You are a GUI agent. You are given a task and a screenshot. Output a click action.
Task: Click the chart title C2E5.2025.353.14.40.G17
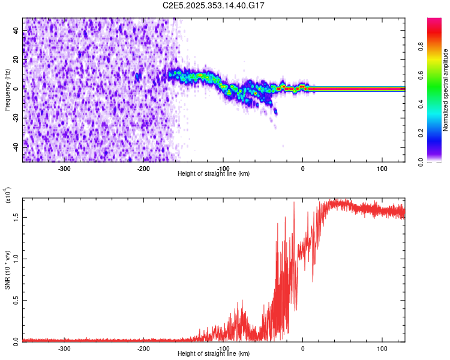(214, 5)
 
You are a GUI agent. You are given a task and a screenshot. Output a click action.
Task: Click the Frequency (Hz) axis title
(7, 90)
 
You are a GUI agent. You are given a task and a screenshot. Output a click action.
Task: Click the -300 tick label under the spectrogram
(64, 169)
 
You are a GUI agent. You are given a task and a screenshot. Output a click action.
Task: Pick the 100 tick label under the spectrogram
(382, 169)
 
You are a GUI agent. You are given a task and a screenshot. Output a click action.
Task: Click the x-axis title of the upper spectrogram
(214, 174)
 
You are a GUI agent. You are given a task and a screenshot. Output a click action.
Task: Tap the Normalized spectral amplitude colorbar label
(446, 90)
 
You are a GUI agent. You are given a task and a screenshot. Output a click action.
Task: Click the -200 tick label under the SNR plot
(143, 349)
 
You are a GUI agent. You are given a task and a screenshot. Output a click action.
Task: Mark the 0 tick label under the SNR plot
(302, 349)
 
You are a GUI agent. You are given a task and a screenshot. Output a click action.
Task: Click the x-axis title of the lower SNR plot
(214, 354)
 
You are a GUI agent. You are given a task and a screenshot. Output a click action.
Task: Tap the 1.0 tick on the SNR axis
(16, 259)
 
